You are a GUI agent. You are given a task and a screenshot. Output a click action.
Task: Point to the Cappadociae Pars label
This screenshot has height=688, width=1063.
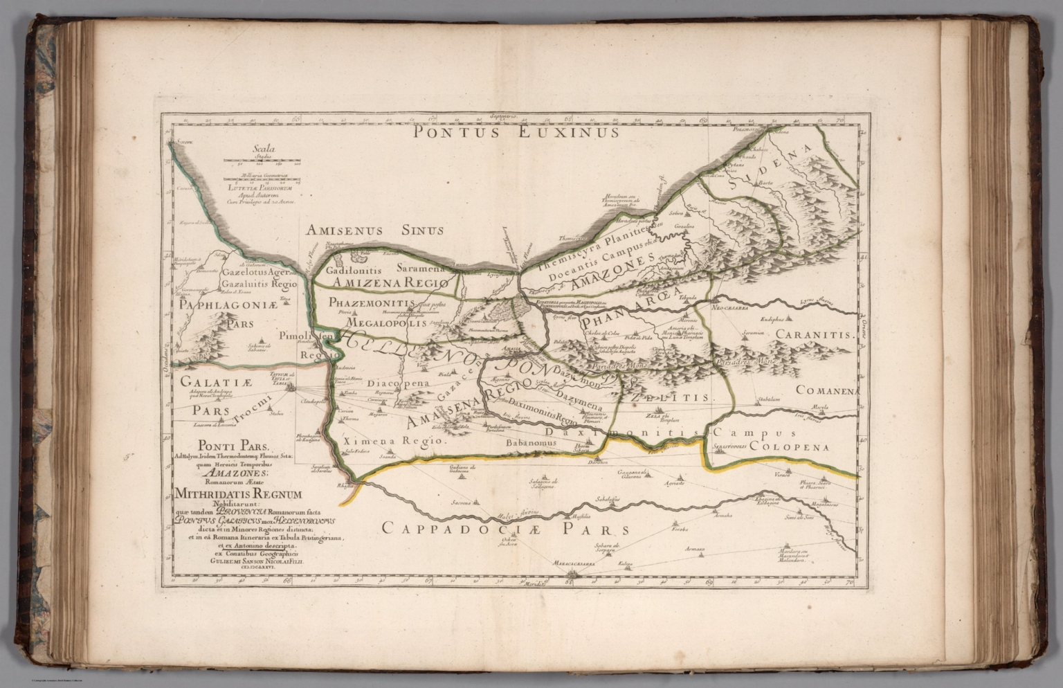click(505, 529)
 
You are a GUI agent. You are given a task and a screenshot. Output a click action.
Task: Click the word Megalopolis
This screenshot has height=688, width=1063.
click(385, 323)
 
